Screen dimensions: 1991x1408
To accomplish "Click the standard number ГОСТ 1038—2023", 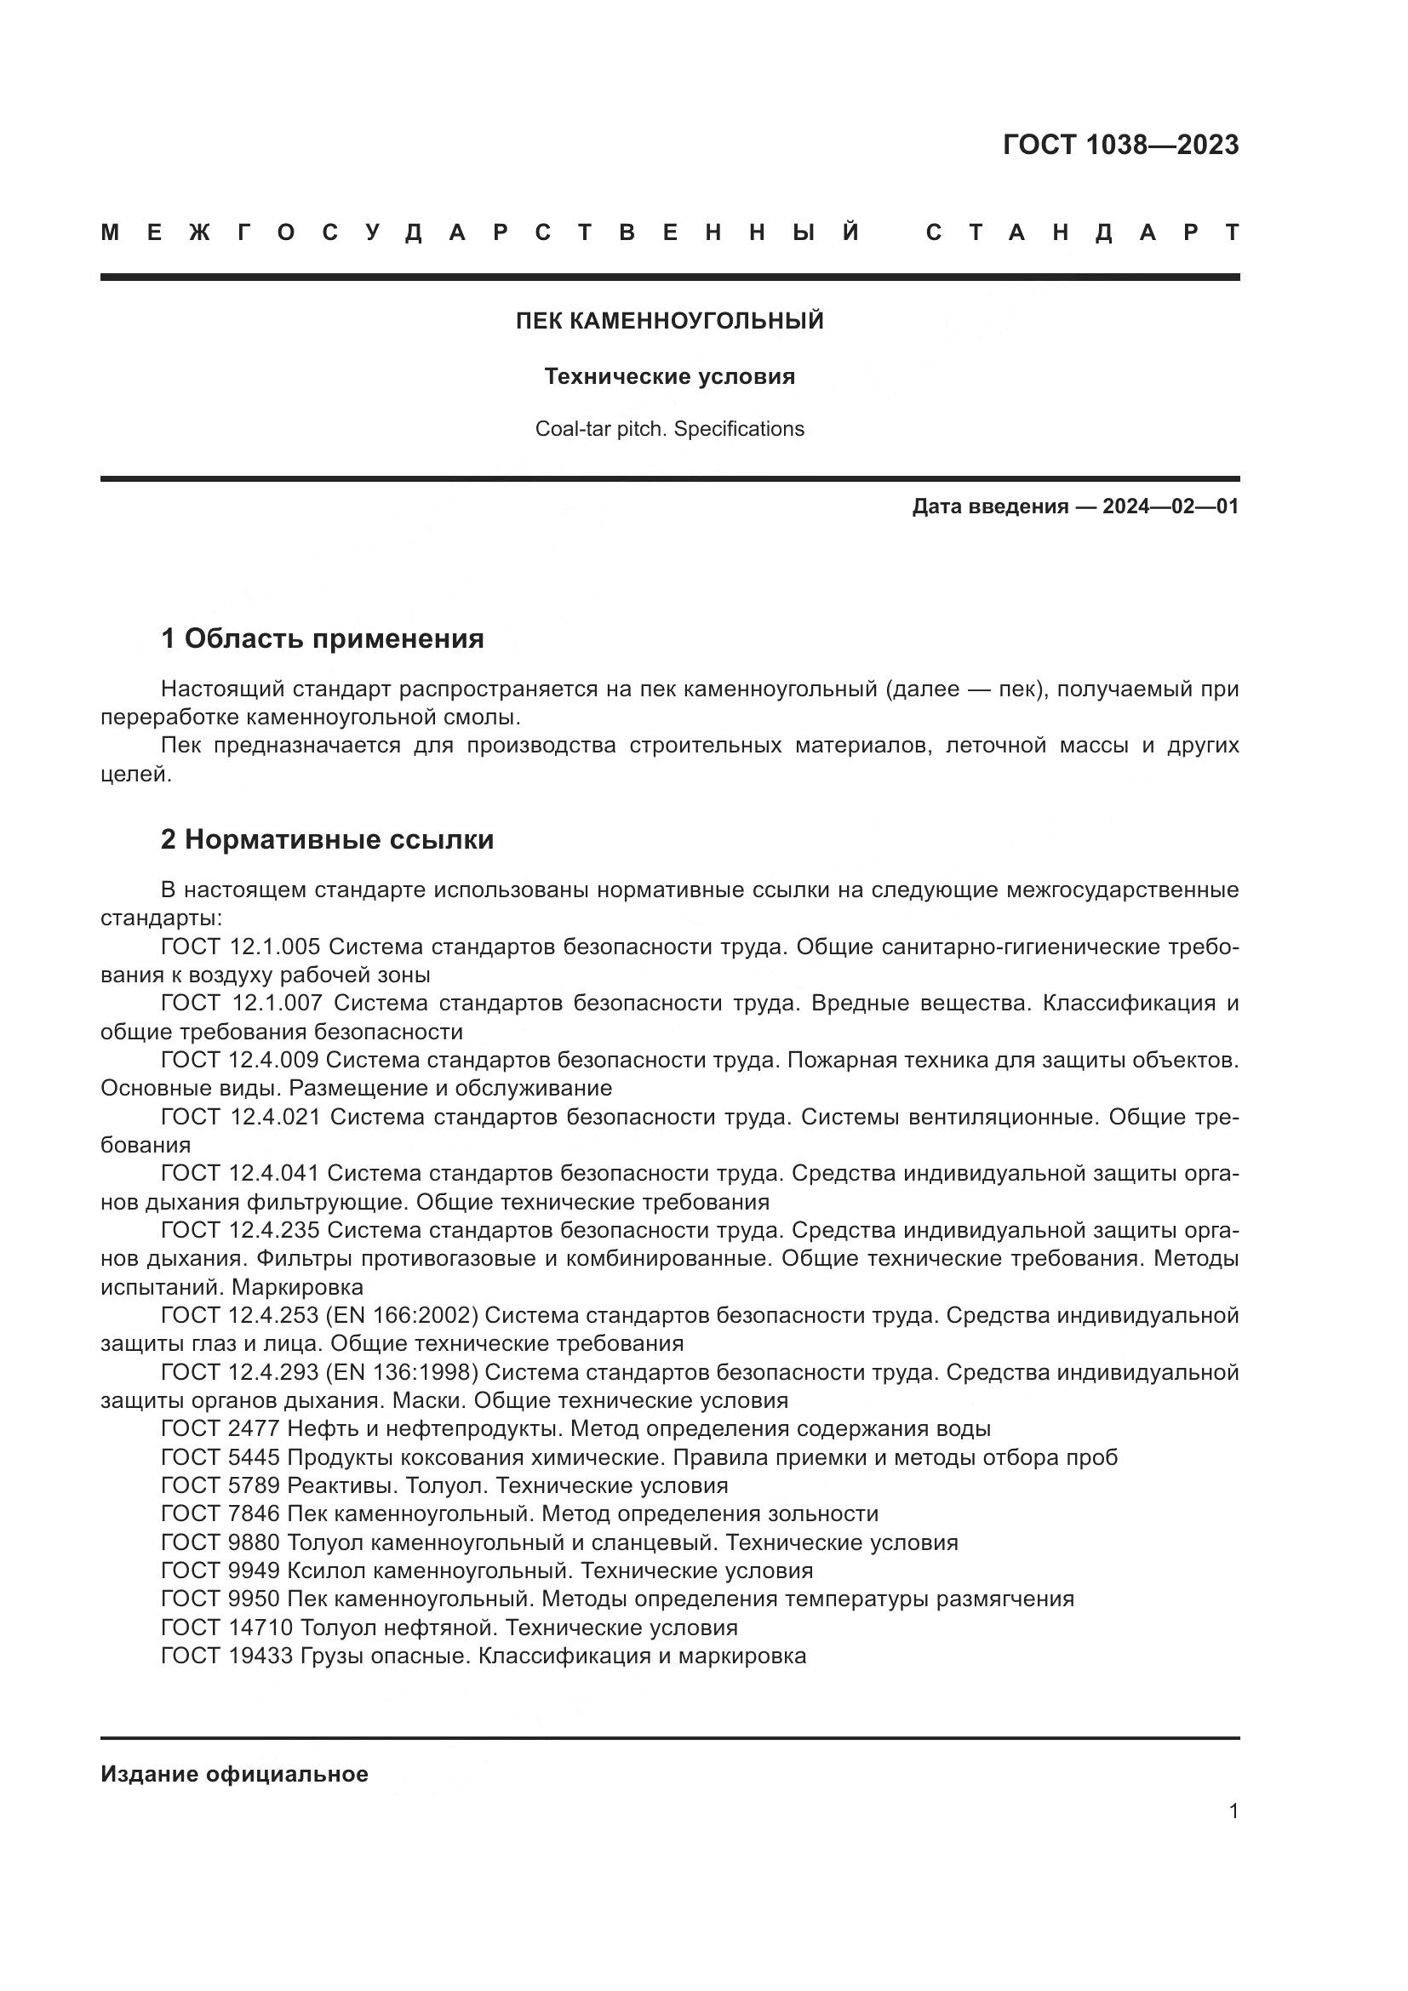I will (1120, 145).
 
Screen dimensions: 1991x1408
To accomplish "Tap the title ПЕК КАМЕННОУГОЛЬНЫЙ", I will (669, 322).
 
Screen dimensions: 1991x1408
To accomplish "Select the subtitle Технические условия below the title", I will (669, 377).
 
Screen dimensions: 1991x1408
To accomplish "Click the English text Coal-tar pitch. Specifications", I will (669, 429).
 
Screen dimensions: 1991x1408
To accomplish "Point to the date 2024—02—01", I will (1170, 506).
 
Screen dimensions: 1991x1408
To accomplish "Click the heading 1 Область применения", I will (322, 639).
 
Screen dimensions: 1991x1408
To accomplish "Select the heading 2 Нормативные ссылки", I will (327, 839).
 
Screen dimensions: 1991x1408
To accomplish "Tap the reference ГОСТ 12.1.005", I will (240, 947).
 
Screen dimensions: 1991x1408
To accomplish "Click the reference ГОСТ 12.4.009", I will (240, 1060).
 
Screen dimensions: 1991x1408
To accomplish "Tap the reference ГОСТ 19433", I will (227, 1656).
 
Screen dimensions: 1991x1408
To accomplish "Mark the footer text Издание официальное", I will (234, 1774).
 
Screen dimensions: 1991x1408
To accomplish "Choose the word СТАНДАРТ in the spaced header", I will (1082, 233).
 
